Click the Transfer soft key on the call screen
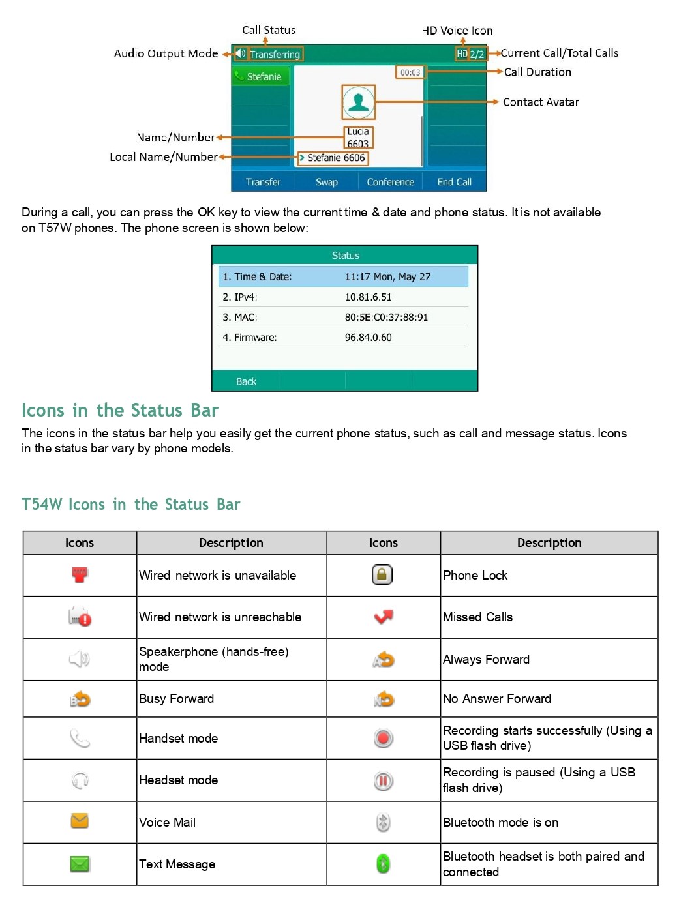coord(263,182)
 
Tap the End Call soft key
coord(454,182)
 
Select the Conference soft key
coord(390,182)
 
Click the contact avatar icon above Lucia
coord(358,102)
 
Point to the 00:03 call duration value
coord(410,72)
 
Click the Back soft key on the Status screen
coord(246,381)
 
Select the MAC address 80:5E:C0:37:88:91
coord(386,318)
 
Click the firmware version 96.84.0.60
coord(368,338)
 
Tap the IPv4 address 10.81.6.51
coord(368,297)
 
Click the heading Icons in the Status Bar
coord(120,410)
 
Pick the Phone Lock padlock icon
coord(383,574)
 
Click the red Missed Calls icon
coord(384,616)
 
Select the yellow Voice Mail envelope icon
coord(80,821)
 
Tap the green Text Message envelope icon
coord(80,864)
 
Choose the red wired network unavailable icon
coord(80,574)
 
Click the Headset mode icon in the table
coord(80,780)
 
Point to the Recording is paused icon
coord(384,780)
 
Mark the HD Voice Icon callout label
coord(457,31)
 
